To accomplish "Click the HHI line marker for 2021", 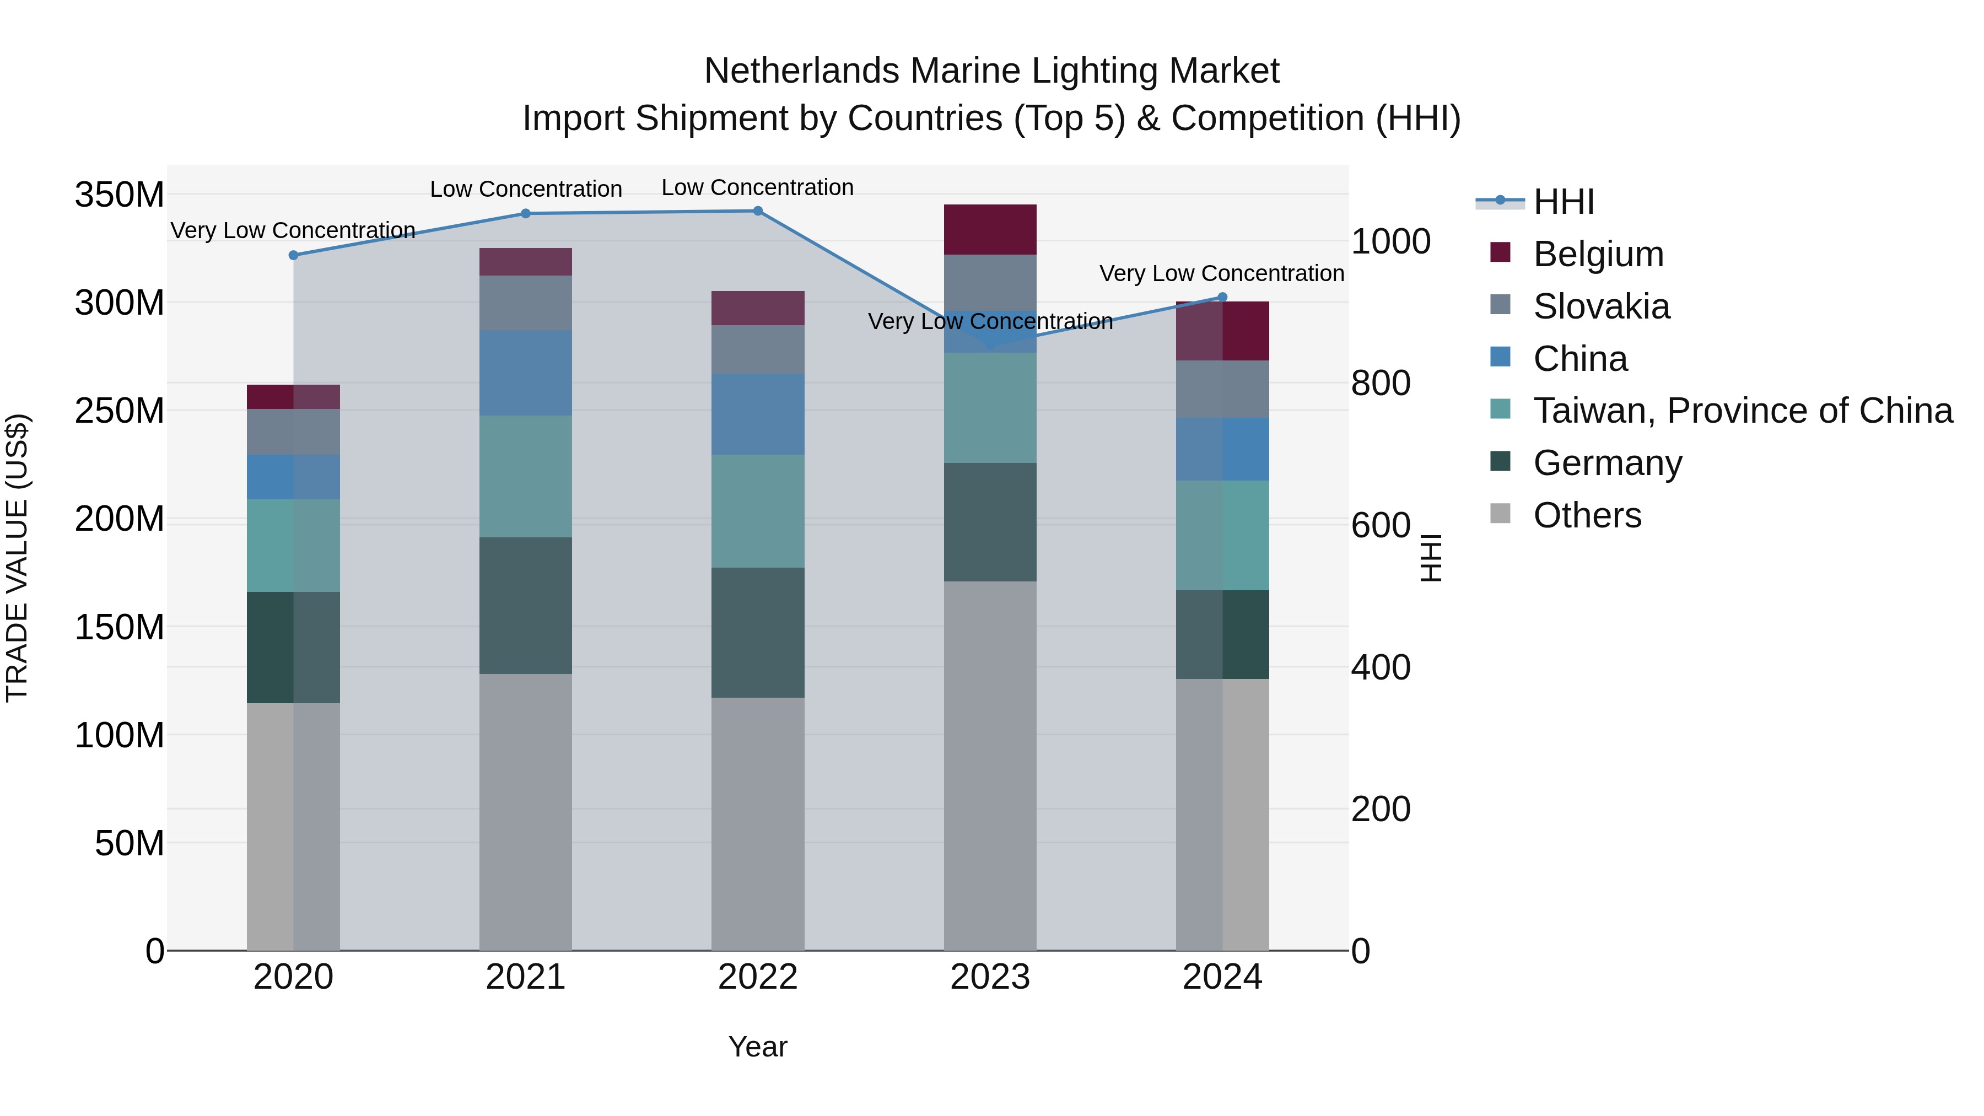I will click(x=526, y=213).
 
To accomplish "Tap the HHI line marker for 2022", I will click(x=758, y=211).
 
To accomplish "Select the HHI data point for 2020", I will click(x=293, y=255).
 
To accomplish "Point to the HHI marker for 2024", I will click(x=1222, y=297).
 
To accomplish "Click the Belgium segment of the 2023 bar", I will click(x=990, y=229).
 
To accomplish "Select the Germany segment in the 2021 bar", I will click(x=526, y=605).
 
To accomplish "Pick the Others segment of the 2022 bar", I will click(x=758, y=823).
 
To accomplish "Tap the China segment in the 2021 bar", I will click(x=526, y=373).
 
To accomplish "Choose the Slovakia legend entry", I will click(x=1601, y=306).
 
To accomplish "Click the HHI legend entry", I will click(x=1563, y=202).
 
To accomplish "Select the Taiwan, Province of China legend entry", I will click(x=1742, y=411).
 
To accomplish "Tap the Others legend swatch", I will click(x=1500, y=514).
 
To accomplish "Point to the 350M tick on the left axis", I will click(x=120, y=195).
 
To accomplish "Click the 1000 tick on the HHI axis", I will click(x=1391, y=242).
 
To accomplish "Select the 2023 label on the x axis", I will click(x=990, y=977).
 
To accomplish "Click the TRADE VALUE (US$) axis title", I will click(x=18, y=558).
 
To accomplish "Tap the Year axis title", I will click(x=758, y=1047).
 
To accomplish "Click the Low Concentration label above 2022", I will click(x=758, y=187).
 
